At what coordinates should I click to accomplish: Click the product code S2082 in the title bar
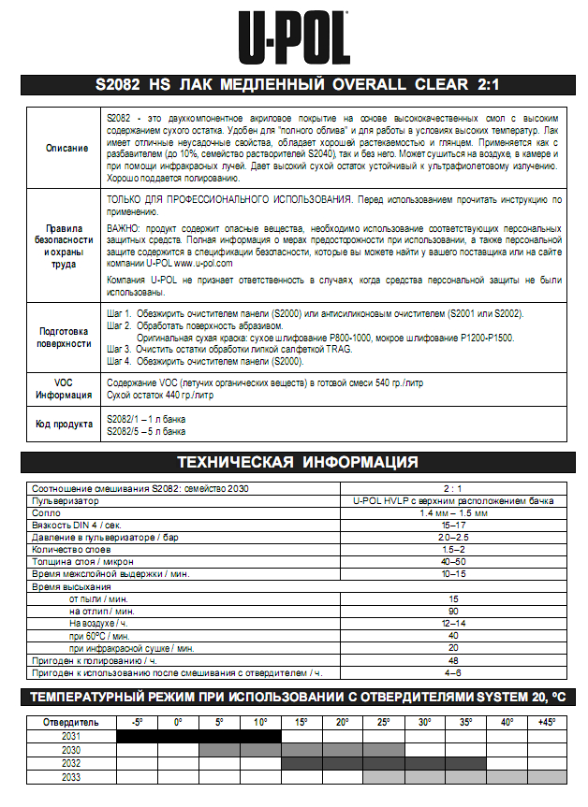(117, 85)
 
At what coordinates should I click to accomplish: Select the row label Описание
(66, 149)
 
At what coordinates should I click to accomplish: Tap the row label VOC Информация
(65, 388)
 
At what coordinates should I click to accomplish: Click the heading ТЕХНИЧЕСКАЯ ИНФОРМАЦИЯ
(298, 461)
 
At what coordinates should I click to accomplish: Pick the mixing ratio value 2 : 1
(453, 489)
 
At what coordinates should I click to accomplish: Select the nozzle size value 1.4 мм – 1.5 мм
(453, 513)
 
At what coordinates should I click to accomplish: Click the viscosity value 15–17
(453, 526)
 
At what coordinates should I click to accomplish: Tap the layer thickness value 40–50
(453, 562)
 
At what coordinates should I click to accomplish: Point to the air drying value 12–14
(453, 623)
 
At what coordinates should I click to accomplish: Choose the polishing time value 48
(453, 659)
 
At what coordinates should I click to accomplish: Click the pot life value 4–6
(453, 672)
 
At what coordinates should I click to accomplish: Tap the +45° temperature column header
(546, 722)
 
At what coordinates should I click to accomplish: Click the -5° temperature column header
(137, 722)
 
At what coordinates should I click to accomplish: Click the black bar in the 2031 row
(198, 736)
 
